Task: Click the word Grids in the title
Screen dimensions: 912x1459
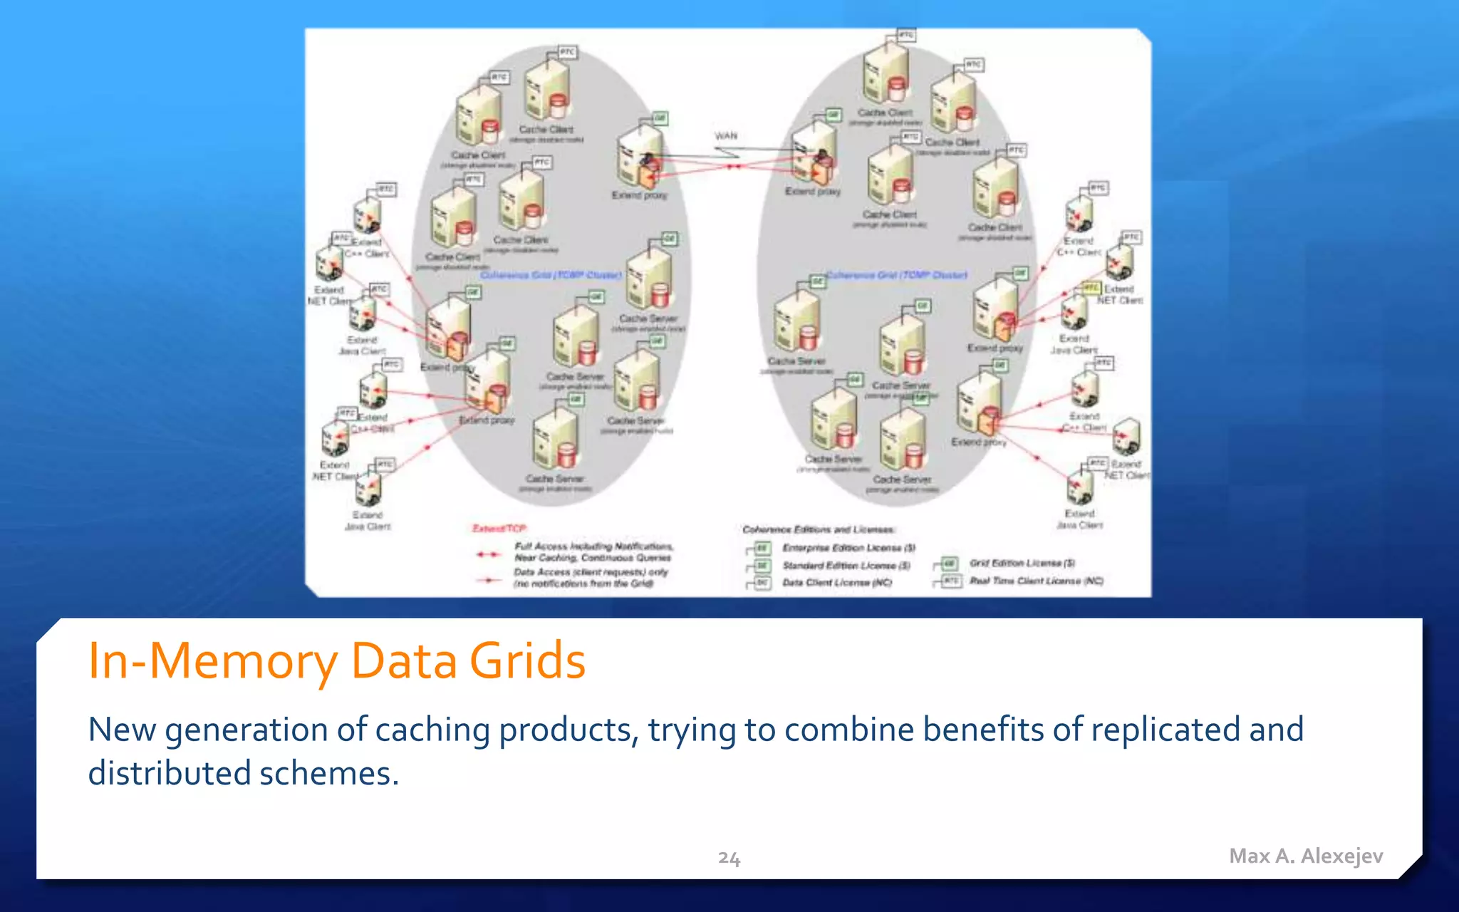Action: click(x=527, y=660)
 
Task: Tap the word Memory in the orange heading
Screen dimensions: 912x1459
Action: click(x=243, y=660)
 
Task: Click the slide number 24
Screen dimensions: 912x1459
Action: click(x=729, y=858)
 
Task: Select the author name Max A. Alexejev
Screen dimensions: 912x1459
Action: click(x=1306, y=856)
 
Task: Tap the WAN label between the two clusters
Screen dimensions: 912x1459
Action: click(x=726, y=135)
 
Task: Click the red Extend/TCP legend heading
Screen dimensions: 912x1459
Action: click(x=499, y=528)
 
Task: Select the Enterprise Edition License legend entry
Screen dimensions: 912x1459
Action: click(x=848, y=548)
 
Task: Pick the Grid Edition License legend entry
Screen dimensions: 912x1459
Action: click(x=1022, y=563)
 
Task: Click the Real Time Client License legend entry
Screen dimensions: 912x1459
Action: click(x=1036, y=581)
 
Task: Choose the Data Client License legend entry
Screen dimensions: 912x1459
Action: click(x=836, y=582)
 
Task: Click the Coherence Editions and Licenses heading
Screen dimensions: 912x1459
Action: click(x=818, y=529)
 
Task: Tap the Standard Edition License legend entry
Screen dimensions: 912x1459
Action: click(x=846, y=565)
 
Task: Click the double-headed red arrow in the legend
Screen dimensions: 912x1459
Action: click(x=488, y=554)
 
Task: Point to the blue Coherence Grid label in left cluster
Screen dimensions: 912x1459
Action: click(x=551, y=275)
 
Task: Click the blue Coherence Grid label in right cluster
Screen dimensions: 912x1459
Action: click(x=896, y=275)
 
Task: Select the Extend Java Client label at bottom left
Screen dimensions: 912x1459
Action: click(x=368, y=520)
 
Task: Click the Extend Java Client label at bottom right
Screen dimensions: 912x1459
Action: click(x=1079, y=519)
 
